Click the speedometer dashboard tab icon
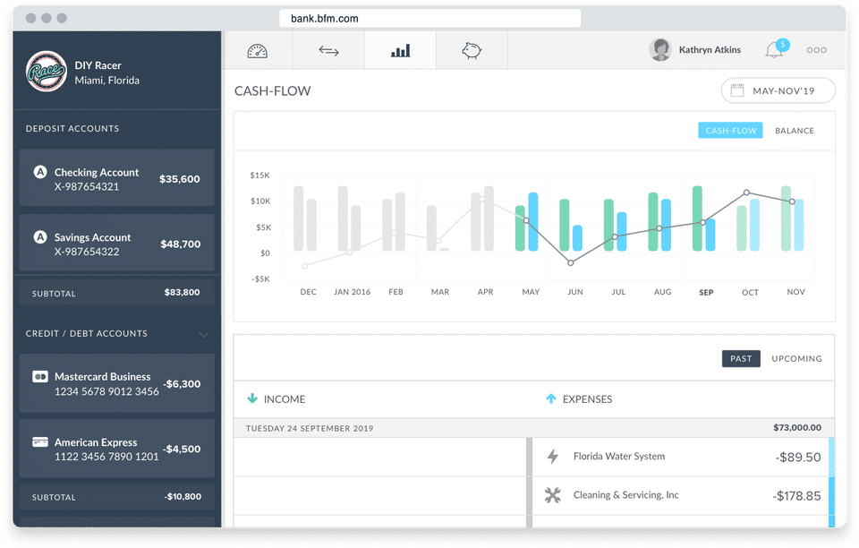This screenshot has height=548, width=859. (258, 51)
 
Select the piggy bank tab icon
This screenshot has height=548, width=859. (472, 51)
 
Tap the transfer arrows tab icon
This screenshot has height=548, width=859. (328, 51)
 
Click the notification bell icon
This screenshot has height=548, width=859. (774, 51)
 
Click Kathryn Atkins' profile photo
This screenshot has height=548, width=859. (660, 50)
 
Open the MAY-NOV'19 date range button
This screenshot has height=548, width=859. (778, 90)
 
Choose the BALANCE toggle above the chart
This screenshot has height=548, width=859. (795, 131)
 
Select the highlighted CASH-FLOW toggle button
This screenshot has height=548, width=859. (731, 131)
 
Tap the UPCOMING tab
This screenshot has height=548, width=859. (796, 358)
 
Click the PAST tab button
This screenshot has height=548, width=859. (741, 358)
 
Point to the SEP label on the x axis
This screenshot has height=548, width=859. (706, 293)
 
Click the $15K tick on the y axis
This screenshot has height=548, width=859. (259, 176)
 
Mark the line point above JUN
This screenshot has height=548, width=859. (570, 262)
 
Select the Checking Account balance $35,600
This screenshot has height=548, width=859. (180, 179)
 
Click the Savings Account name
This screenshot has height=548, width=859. (92, 237)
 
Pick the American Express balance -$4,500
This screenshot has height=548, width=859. (182, 450)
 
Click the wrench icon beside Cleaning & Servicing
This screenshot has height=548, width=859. (553, 495)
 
